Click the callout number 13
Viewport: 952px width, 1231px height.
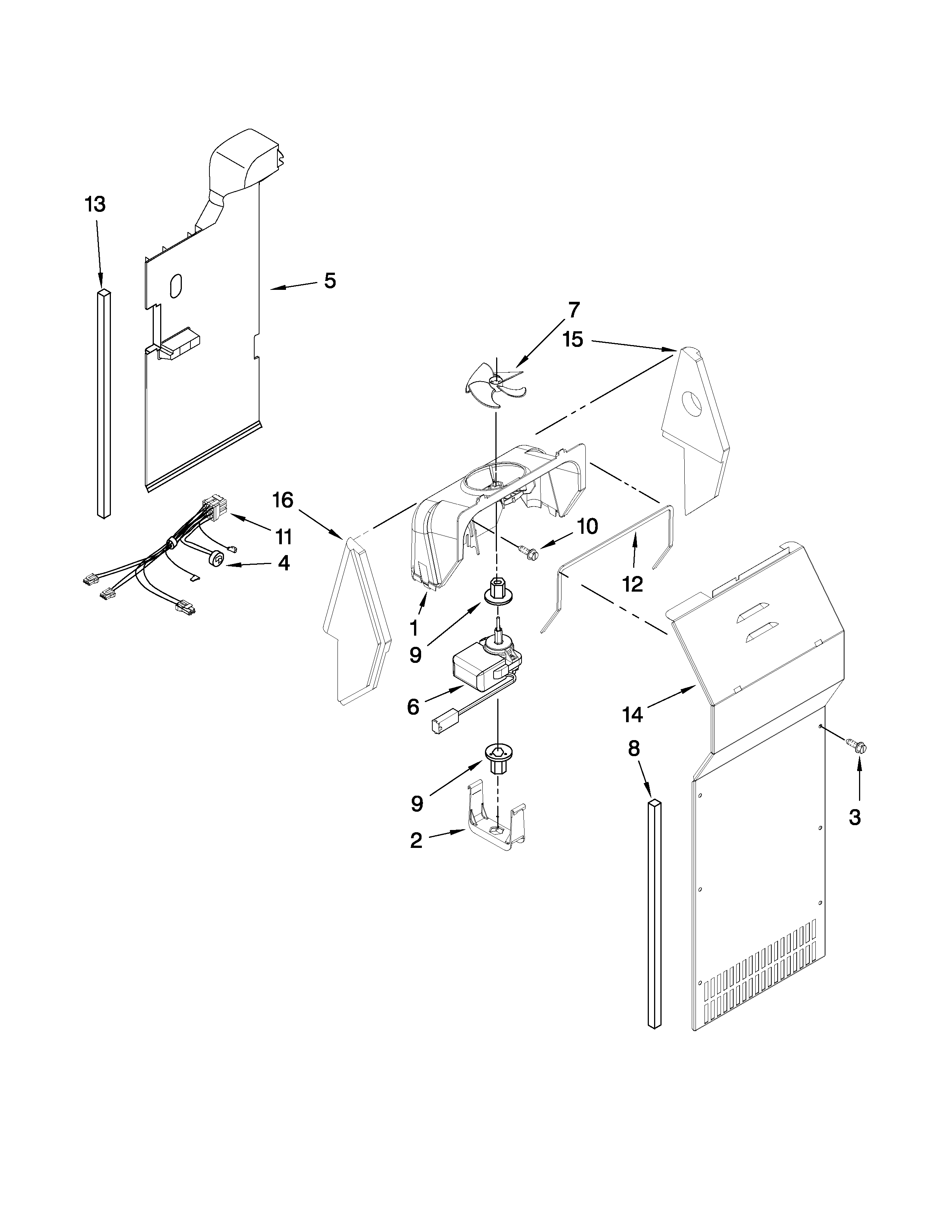click(95, 204)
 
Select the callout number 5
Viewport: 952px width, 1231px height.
click(330, 281)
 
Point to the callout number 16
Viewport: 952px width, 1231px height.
click(283, 499)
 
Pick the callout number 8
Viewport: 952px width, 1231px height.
click(634, 749)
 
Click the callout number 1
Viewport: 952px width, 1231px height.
click(414, 627)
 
